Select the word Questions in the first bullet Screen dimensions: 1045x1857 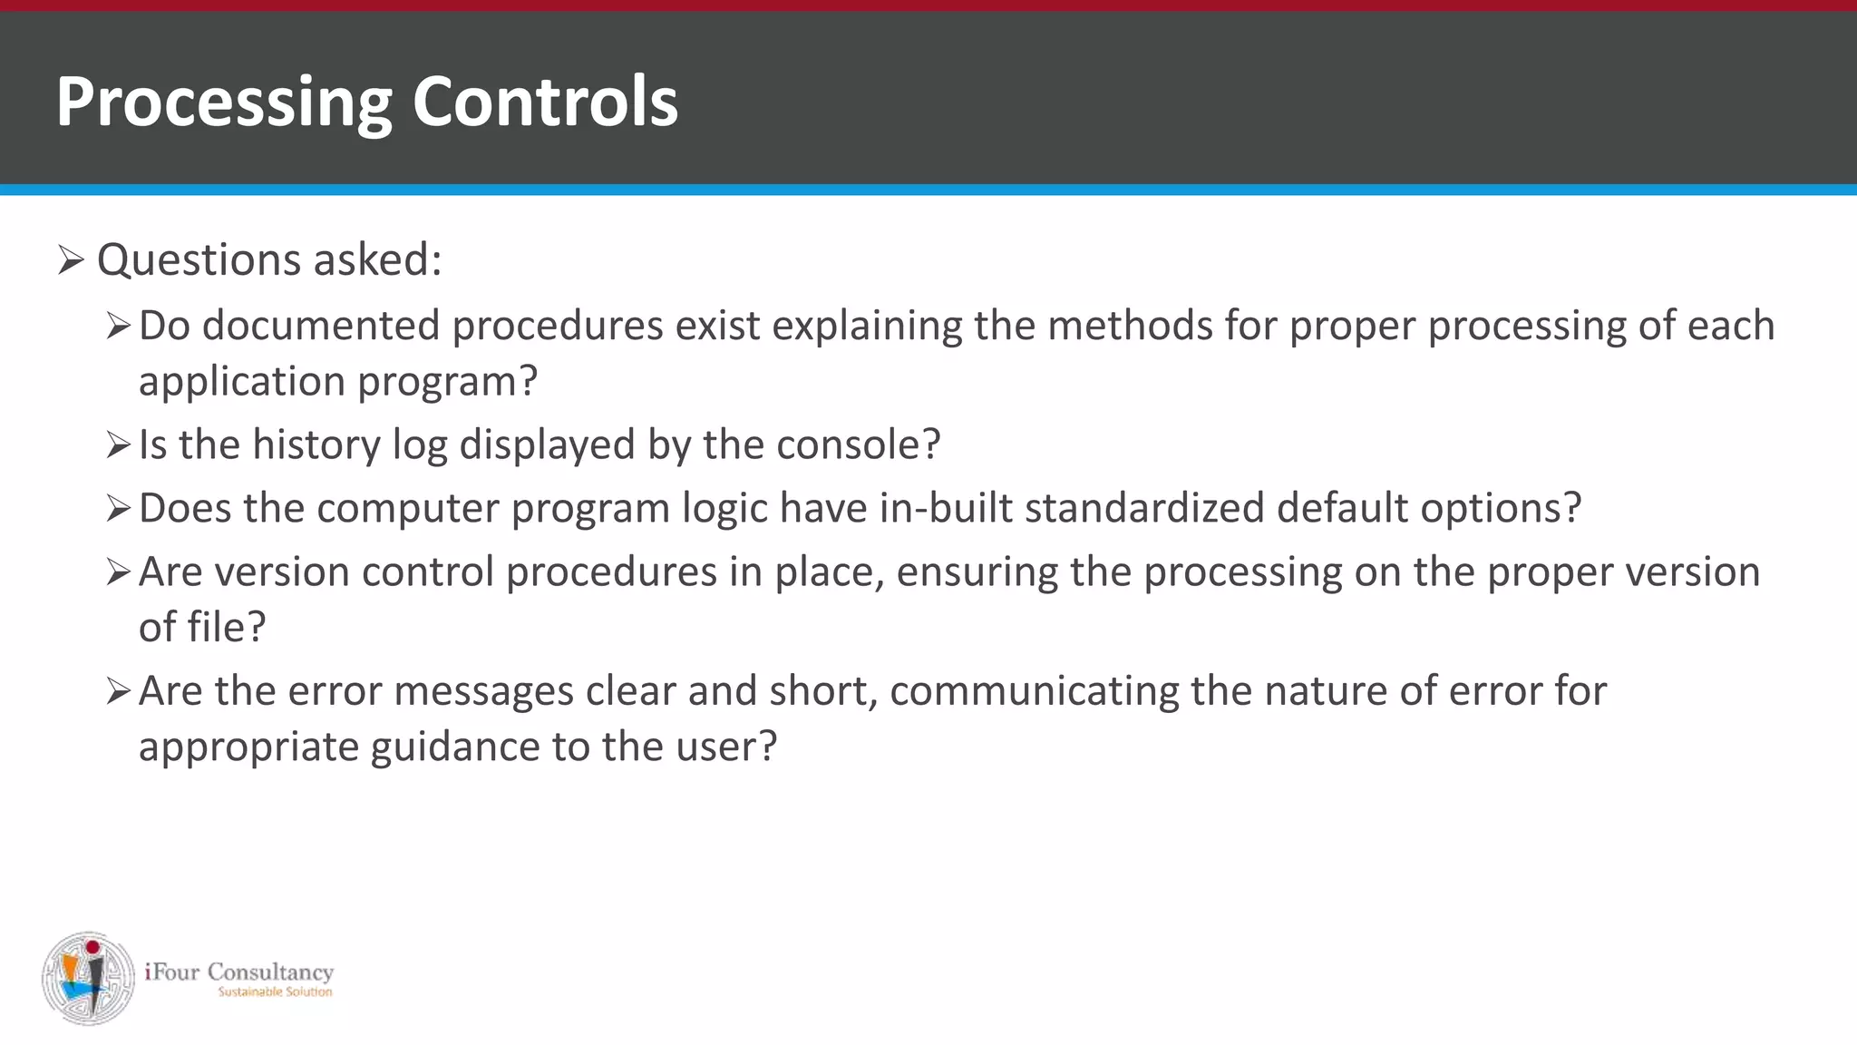click(199, 260)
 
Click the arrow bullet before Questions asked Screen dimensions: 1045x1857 click(71, 260)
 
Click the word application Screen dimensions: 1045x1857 click(241, 382)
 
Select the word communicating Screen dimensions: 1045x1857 click(1034, 691)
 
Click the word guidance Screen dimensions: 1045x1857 click(455, 747)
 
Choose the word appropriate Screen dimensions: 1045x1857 click(248, 747)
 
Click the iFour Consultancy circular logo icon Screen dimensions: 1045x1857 click(88, 978)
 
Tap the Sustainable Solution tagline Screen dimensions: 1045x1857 click(275, 992)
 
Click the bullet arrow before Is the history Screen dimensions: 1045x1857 click(119, 445)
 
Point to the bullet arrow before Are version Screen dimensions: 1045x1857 click(119, 572)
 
